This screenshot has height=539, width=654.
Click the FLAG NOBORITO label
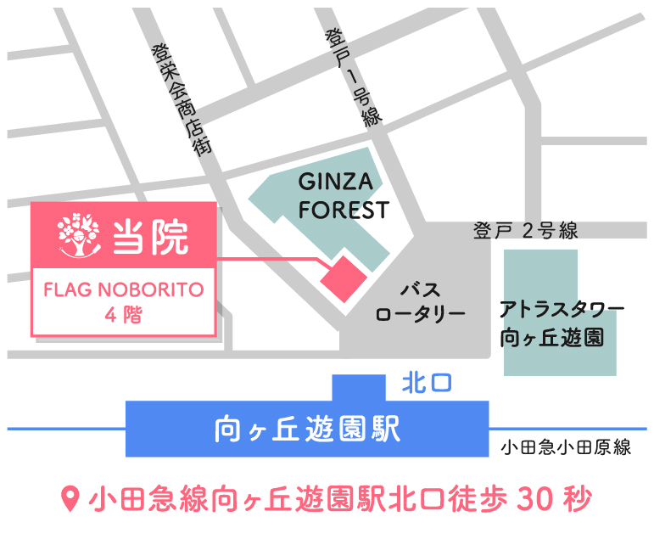124,289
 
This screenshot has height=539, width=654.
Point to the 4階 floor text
124,315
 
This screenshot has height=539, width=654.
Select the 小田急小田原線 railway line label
565,448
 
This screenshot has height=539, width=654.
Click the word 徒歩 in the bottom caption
472,498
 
